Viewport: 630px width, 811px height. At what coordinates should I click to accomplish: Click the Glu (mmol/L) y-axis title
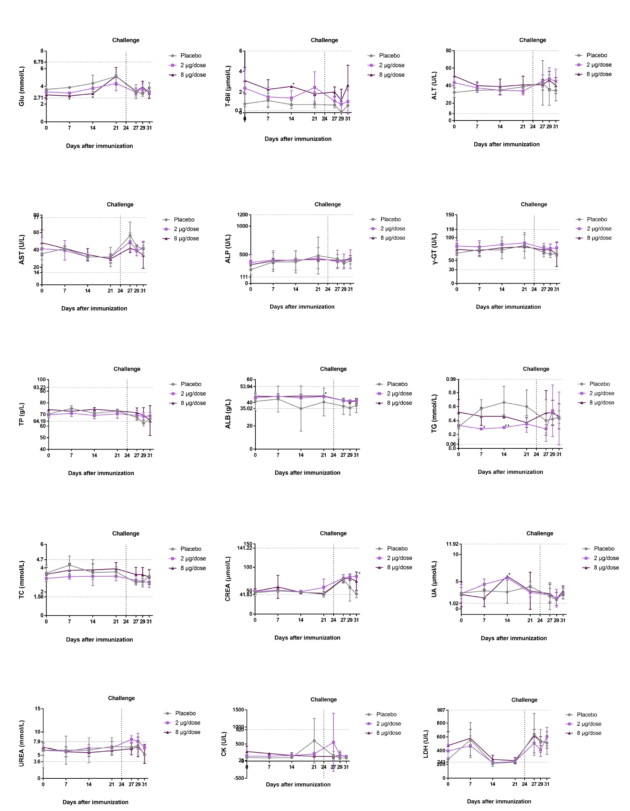point(22,86)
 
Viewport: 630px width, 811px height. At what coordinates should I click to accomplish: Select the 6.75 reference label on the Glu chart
point(38,62)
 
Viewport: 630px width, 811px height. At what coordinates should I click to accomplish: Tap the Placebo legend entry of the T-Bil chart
point(389,56)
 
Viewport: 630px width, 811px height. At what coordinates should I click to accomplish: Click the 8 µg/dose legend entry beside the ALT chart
point(599,74)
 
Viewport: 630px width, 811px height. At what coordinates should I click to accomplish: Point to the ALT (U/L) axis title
point(434,85)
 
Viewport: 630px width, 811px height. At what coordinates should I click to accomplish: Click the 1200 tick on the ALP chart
point(242,215)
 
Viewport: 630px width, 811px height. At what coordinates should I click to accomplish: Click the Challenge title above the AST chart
point(120,205)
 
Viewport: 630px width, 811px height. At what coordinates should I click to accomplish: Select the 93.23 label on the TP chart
point(39,387)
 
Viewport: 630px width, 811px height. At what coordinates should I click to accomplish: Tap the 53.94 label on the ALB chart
point(246,387)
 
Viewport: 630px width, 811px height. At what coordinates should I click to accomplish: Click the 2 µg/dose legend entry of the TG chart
point(601,393)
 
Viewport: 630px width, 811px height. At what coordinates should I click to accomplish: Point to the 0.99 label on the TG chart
point(451,379)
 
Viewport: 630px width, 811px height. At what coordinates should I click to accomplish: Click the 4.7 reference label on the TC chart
point(39,559)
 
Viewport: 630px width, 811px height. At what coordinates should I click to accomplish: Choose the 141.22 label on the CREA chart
point(244,548)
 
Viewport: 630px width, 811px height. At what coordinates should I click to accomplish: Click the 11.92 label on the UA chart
point(452,544)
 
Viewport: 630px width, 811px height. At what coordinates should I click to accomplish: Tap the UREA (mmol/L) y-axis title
point(22,743)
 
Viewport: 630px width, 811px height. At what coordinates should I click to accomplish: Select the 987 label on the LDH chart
point(441,710)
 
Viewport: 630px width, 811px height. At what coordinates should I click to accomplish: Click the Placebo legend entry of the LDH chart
point(586,715)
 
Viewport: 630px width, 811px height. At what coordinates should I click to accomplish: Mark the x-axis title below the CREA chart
point(307,638)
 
